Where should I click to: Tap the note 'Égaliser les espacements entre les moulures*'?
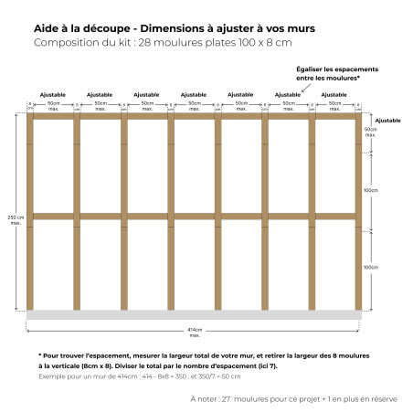coord(335,73)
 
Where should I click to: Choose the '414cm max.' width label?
coord(194,330)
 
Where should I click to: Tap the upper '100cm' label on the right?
coord(370,190)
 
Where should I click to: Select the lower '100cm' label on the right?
coord(370,268)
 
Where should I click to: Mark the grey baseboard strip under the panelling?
coord(194,314)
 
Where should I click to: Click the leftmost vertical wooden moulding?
coord(29,211)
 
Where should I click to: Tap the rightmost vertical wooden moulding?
coord(358,211)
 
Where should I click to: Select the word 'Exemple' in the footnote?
coord(53,376)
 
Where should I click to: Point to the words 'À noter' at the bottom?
coord(205,398)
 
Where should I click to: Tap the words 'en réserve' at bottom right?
coord(378,398)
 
